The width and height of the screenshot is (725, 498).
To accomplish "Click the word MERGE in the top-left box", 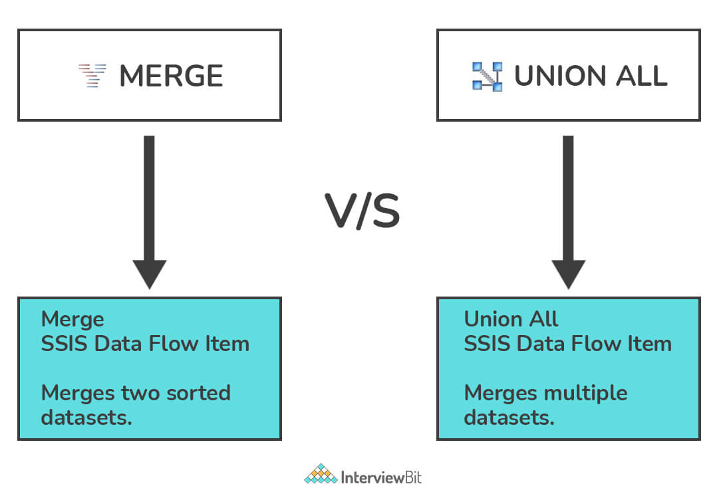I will click(x=171, y=76).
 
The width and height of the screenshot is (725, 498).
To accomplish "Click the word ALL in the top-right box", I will click(x=638, y=76).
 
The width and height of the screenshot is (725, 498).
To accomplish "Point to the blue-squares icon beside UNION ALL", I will click(x=487, y=76).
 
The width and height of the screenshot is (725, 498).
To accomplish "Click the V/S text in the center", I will click(x=362, y=212).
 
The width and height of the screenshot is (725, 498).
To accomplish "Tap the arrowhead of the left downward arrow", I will click(x=150, y=273).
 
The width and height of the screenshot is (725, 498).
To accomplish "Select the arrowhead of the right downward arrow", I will click(x=569, y=273).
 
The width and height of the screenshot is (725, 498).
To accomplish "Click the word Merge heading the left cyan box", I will click(x=72, y=320).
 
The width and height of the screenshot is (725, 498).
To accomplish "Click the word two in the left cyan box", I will click(x=137, y=393).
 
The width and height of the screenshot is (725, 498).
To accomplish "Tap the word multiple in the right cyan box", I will click(x=586, y=393).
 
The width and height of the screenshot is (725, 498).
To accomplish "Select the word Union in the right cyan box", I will click(x=492, y=319).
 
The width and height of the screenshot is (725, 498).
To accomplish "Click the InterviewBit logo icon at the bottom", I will click(x=321, y=474).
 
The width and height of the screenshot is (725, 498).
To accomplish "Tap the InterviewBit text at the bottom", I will click(x=382, y=477).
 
